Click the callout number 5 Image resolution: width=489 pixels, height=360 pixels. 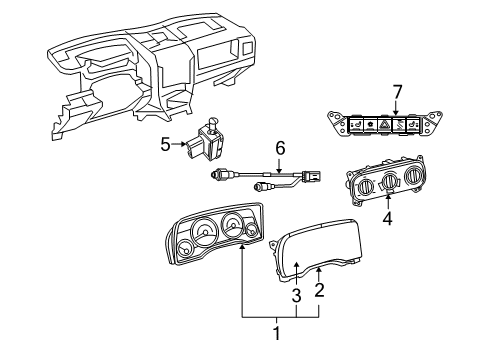click(x=165, y=145)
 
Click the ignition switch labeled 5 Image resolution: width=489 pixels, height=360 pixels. click(x=213, y=140)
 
